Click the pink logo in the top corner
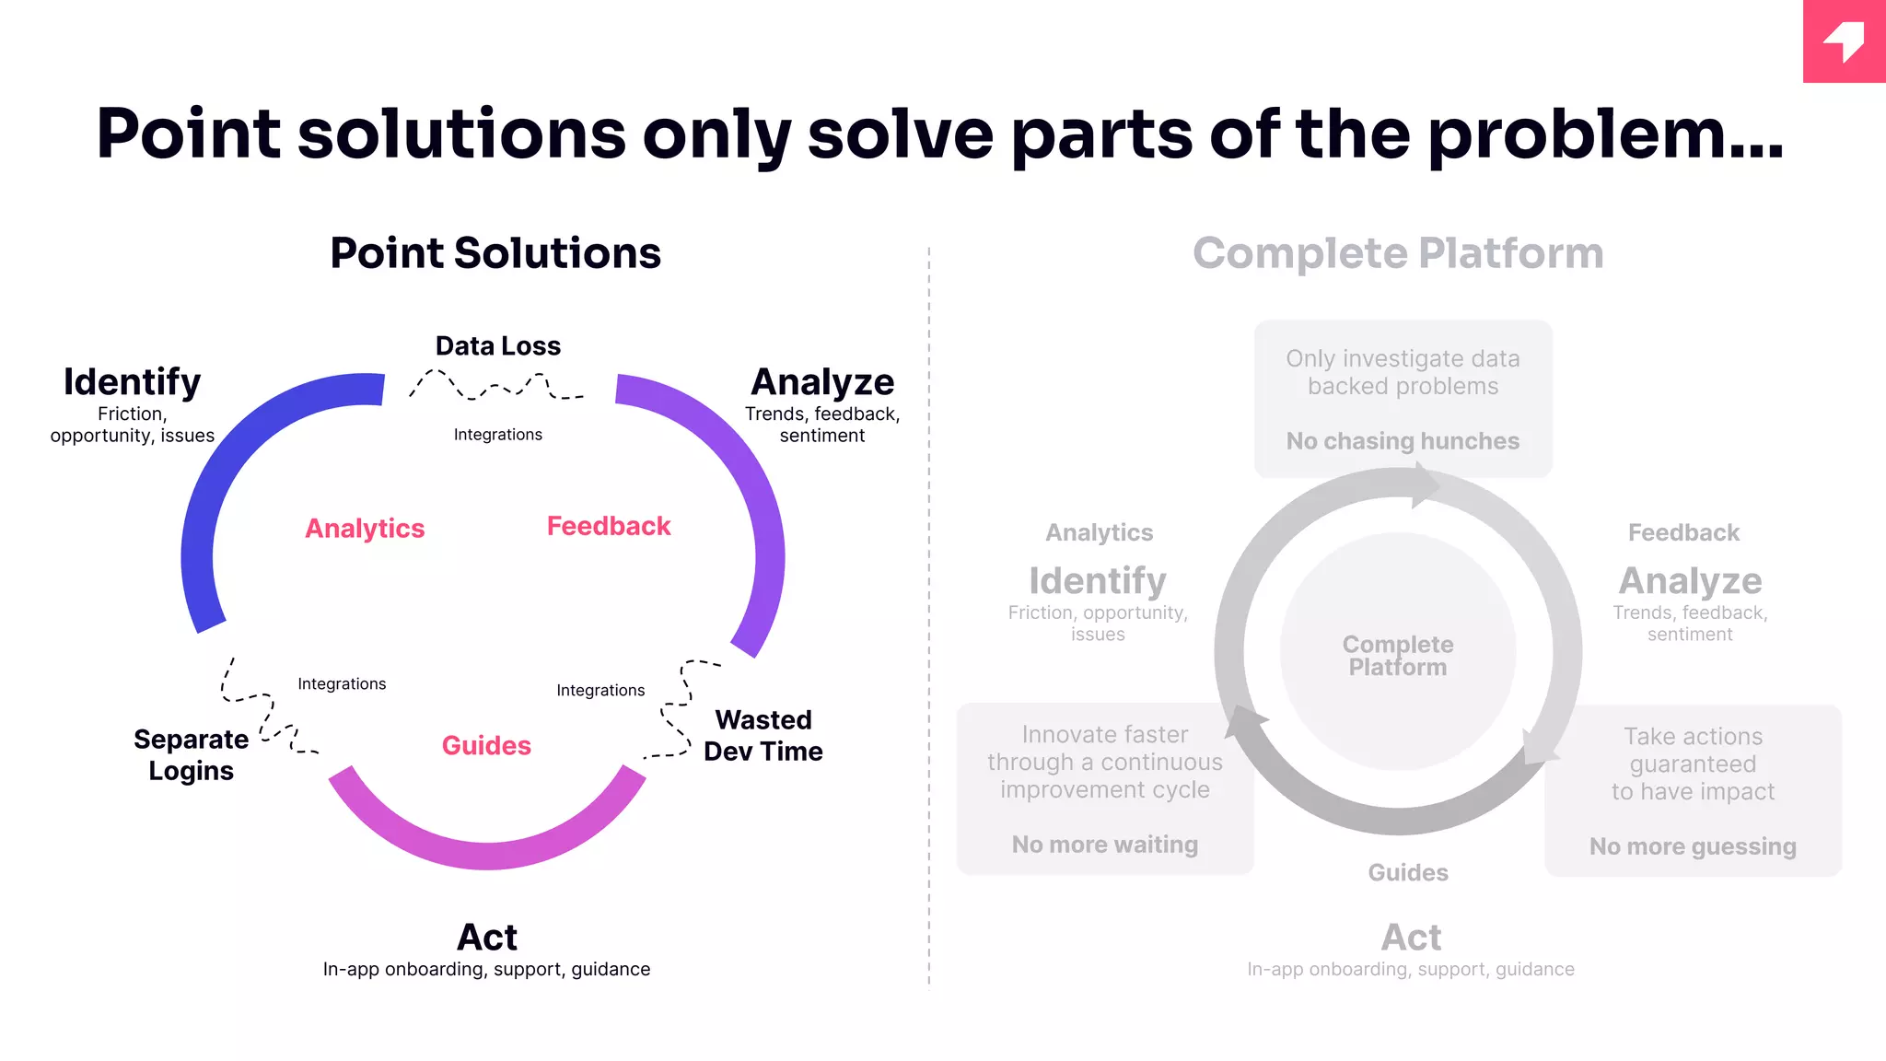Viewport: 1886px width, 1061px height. point(1844,41)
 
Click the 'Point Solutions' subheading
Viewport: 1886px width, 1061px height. point(495,253)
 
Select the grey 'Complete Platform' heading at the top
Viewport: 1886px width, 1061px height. point(1398,253)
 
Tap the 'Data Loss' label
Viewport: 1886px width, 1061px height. point(498,346)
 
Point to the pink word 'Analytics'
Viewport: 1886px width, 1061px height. point(365,529)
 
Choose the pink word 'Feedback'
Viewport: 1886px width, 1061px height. point(609,526)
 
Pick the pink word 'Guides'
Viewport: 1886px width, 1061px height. point(486,745)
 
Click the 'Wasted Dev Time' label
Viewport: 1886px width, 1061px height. point(763,735)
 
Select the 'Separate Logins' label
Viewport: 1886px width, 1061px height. point(191,755)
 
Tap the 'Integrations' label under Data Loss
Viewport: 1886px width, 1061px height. point(498,435)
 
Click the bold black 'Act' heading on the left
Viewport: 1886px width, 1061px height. point(487,938)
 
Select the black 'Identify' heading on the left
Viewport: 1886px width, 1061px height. point(133,382)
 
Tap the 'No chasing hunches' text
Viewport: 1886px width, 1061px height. point(1403,441)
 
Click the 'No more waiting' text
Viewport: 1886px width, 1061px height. point(1105,845)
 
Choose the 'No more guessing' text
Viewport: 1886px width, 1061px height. point(1693,846)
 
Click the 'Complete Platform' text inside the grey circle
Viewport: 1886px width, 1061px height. point(1398,656)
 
